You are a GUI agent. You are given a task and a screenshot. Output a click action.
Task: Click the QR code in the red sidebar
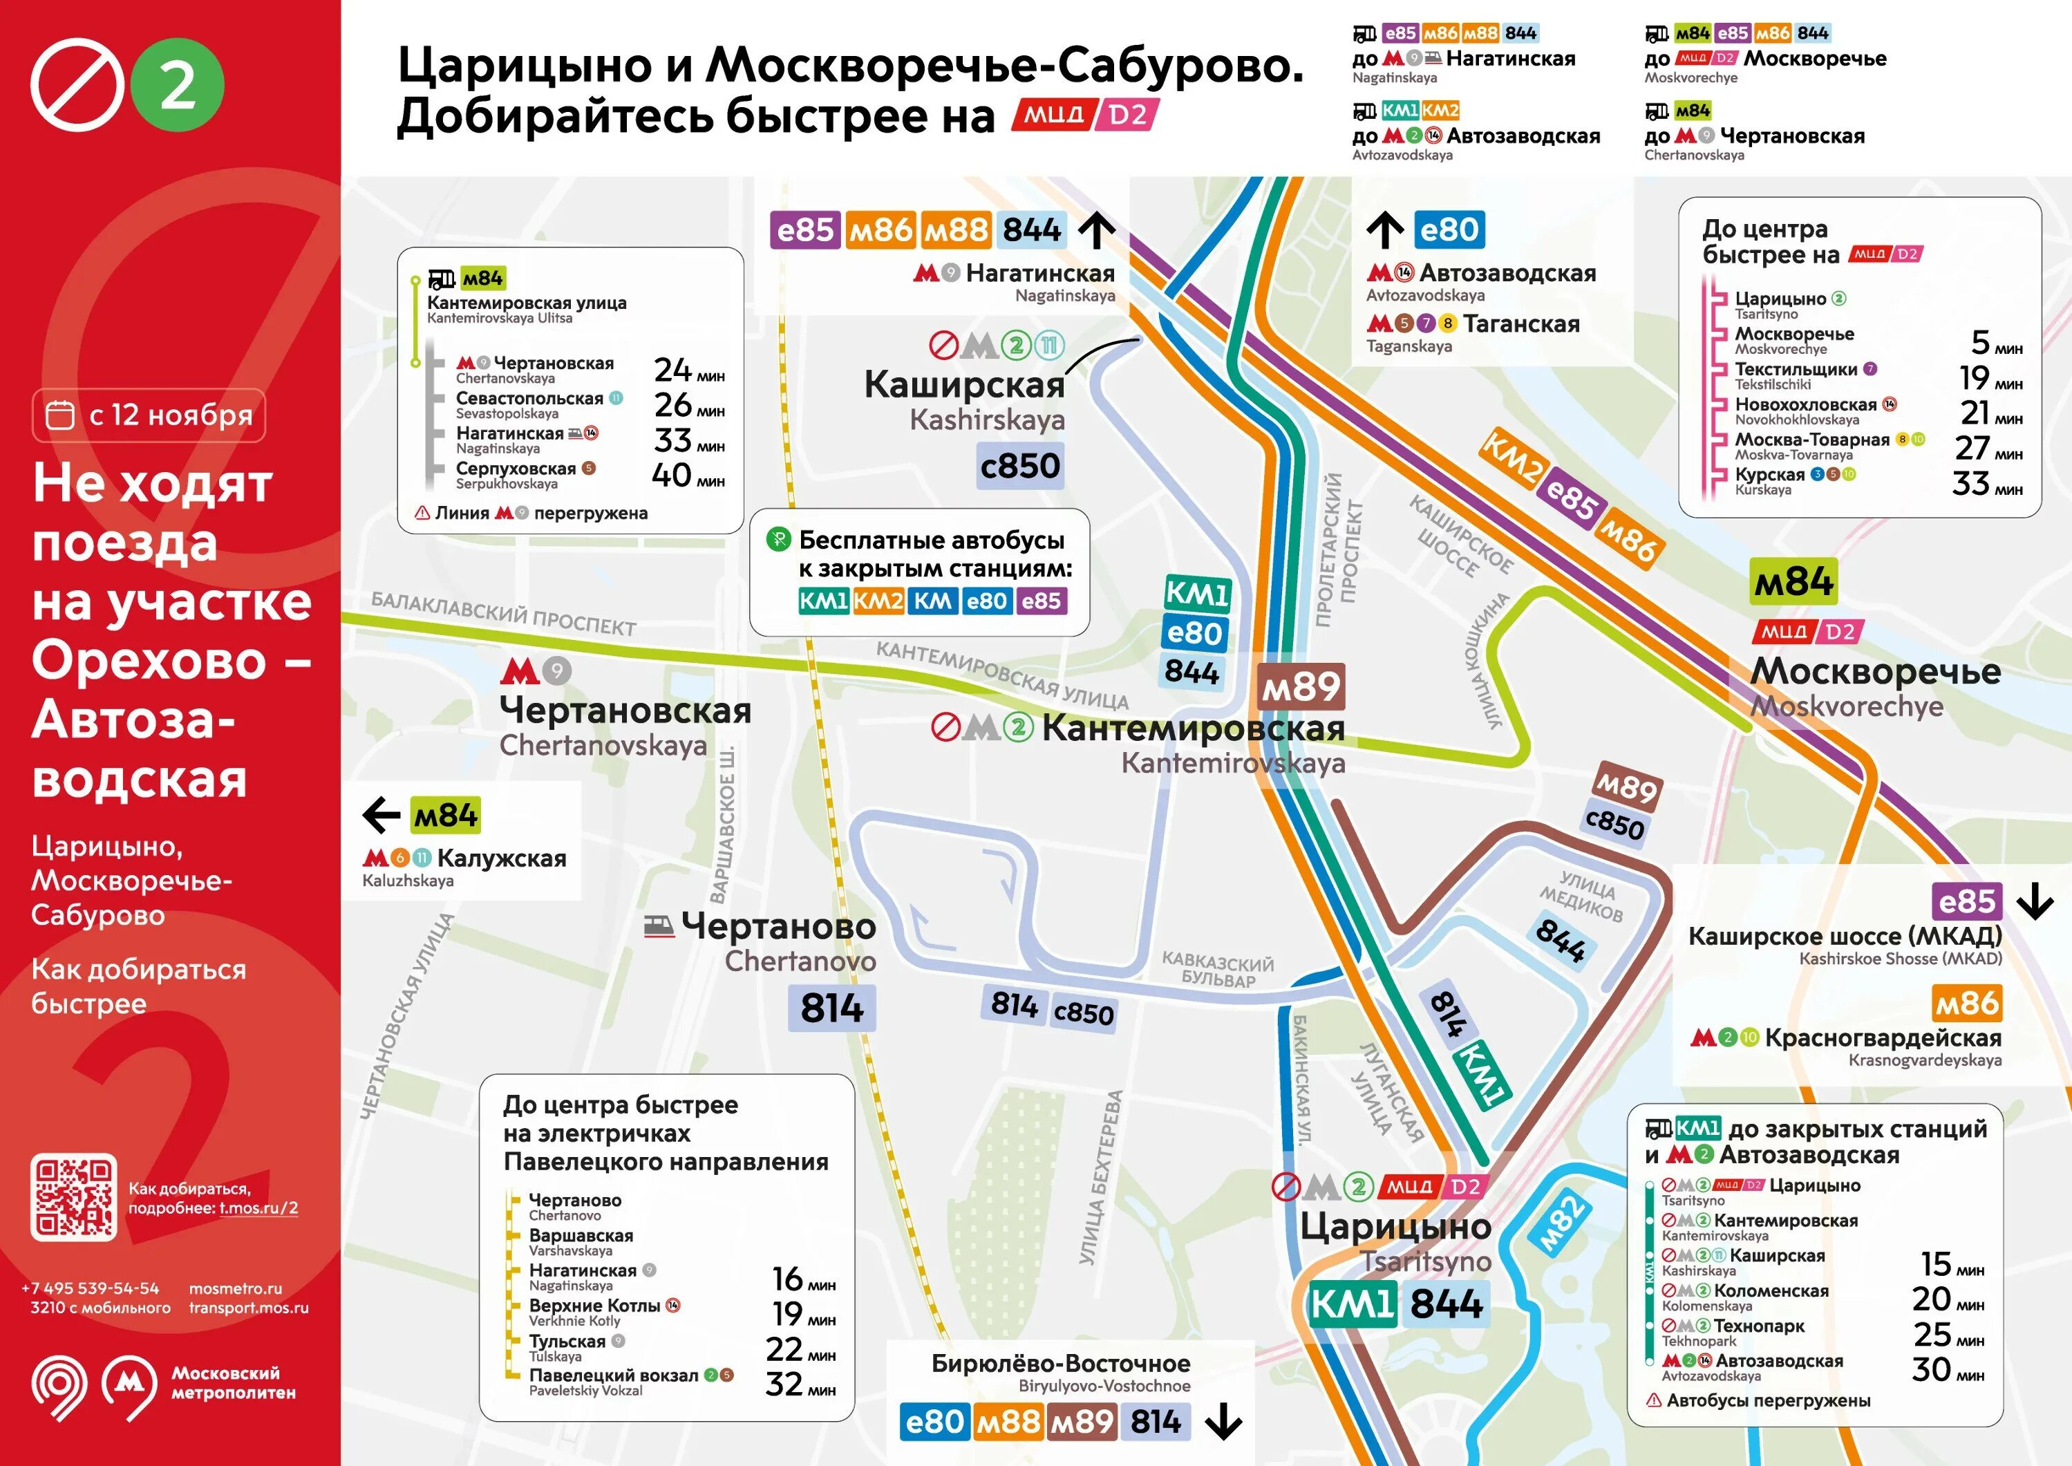[73, 1197]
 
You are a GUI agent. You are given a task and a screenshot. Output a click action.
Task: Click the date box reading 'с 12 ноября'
[149, 415]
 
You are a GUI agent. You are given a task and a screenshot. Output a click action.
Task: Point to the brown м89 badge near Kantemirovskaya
[1301, 688]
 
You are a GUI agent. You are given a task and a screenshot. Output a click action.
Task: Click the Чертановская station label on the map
[625, 711]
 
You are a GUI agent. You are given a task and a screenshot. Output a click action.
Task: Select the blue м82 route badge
[1561, 1223]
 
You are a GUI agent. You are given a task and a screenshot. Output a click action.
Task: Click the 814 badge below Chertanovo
[831, 1008]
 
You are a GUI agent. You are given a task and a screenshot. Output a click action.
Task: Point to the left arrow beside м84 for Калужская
[381, 815]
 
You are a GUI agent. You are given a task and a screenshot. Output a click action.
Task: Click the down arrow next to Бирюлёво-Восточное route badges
[1224, 1422]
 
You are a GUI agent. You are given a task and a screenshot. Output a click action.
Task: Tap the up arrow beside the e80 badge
[1384, 230]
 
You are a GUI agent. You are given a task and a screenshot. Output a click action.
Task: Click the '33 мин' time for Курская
[1986, 485]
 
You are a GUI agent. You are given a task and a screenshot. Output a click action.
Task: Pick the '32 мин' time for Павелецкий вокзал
[800, 1384]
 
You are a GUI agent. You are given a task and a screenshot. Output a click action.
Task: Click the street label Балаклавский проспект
[504, 614]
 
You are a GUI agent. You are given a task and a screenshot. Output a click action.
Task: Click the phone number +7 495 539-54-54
[91, 1288]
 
